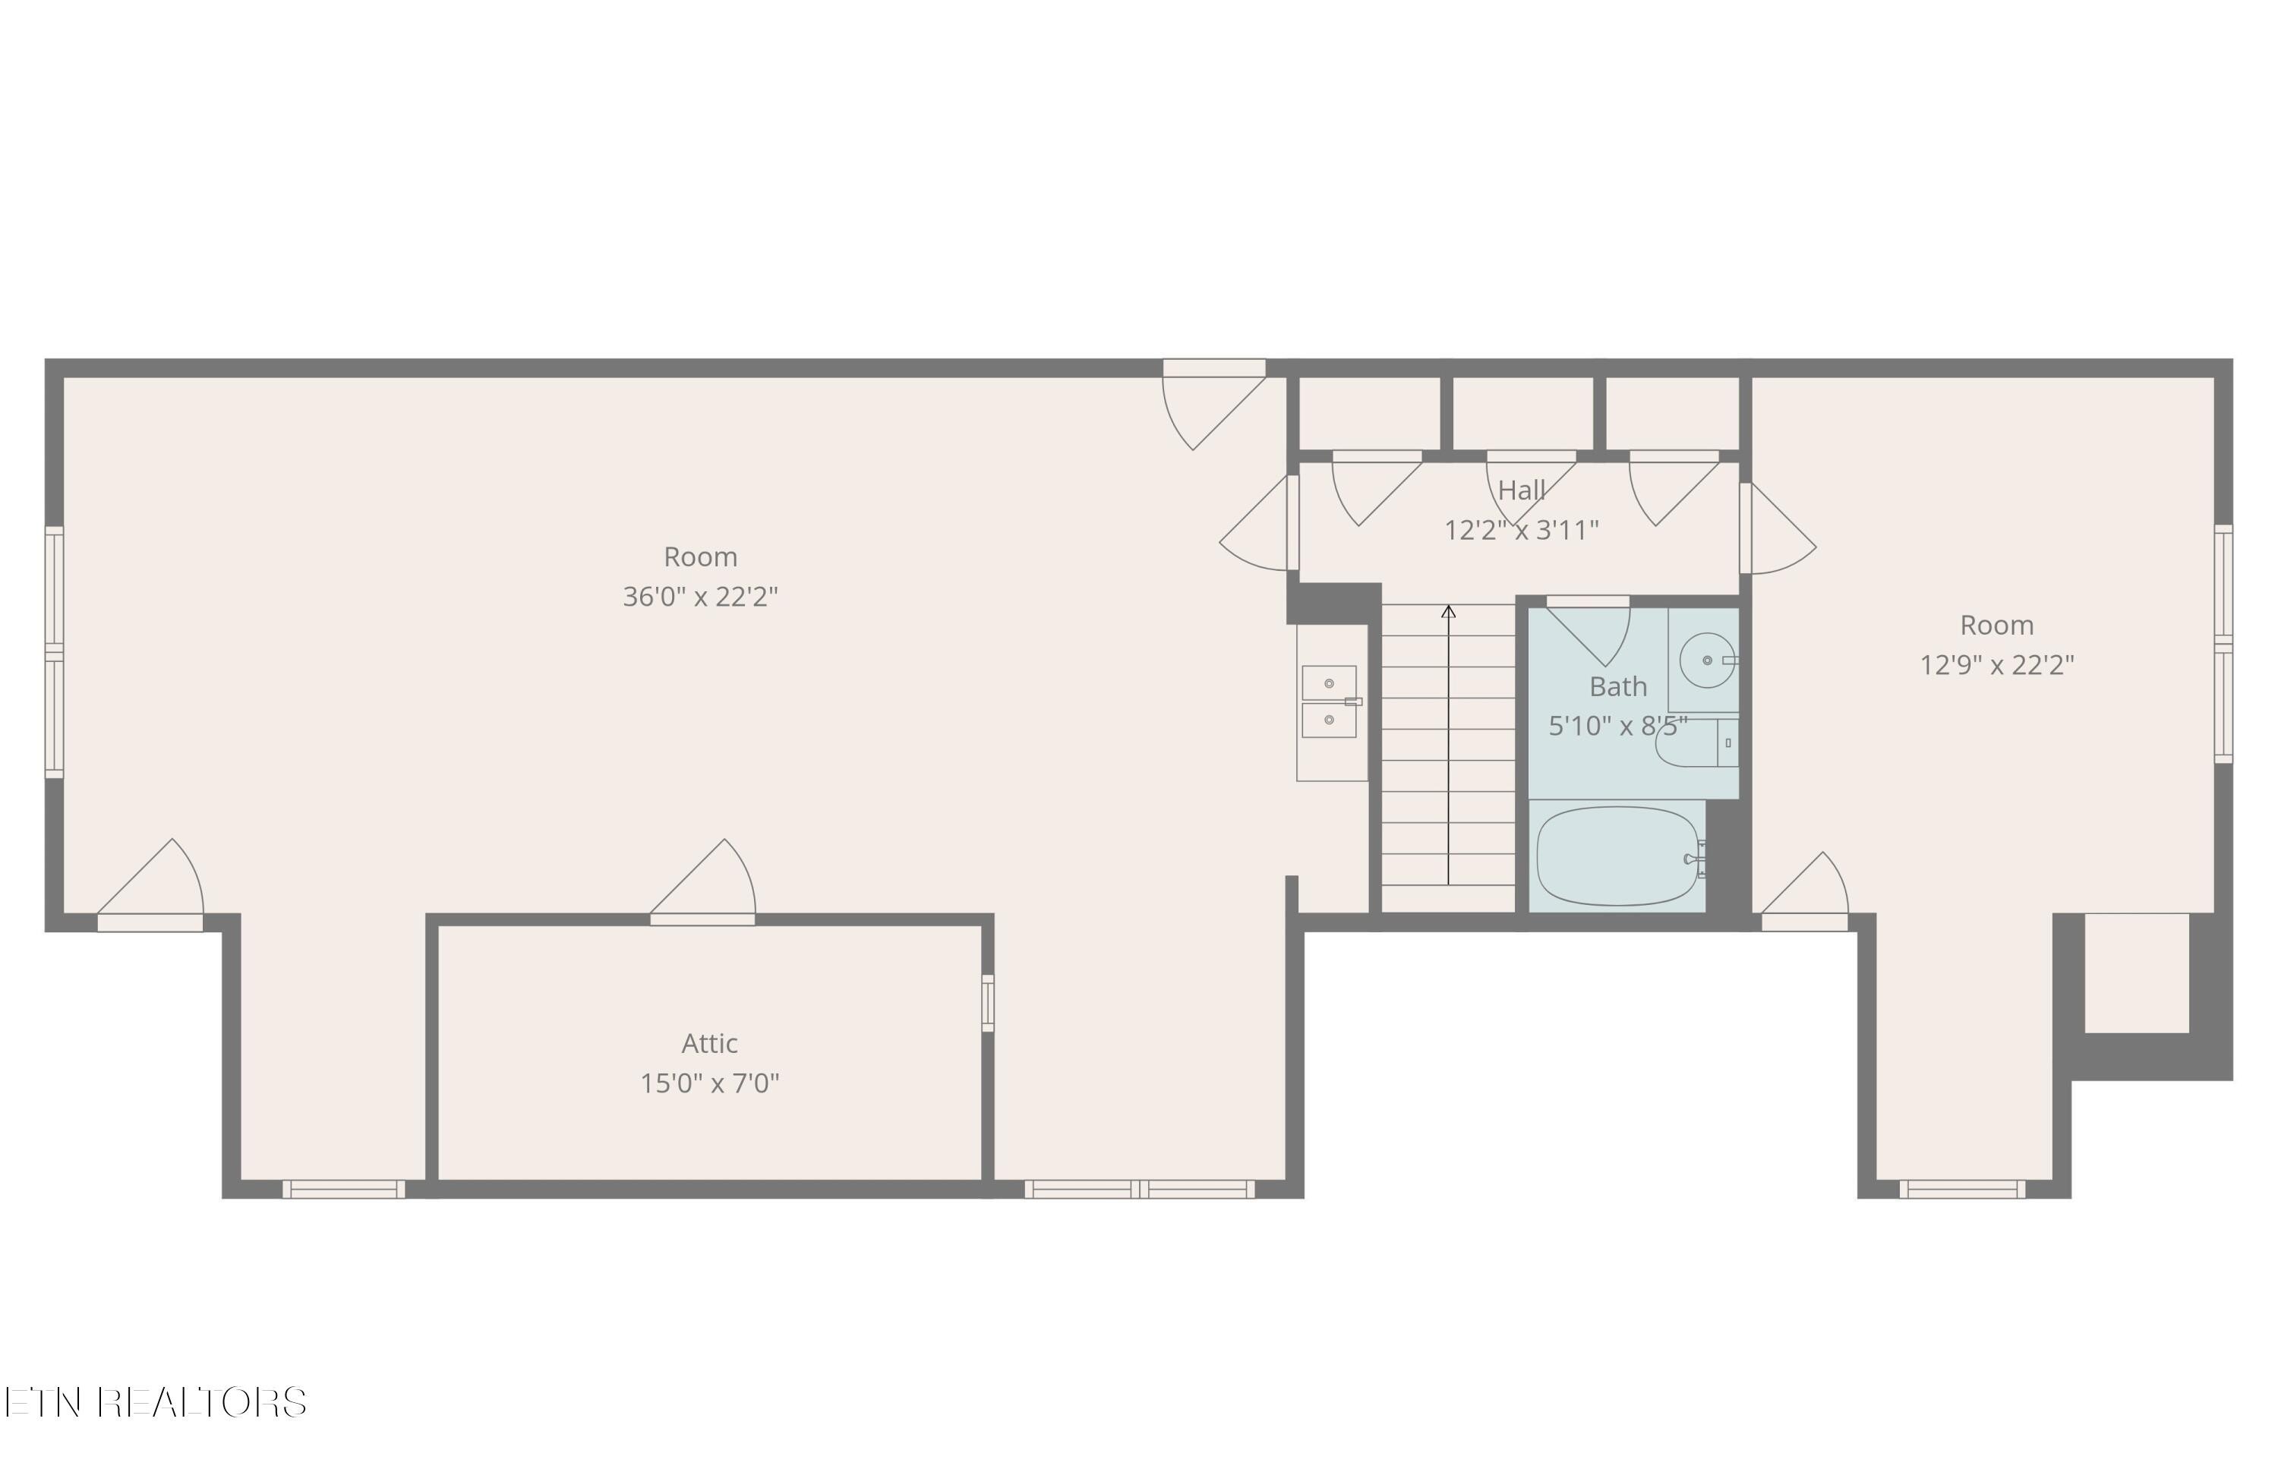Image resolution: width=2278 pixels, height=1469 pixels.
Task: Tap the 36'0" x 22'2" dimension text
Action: tap(700, 597)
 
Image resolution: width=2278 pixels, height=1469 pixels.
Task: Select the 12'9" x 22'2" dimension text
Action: tap(1996, 665)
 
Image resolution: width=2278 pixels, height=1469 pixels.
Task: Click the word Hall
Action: tap(1521, 490)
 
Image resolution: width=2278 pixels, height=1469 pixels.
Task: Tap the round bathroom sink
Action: tap(1705, 660)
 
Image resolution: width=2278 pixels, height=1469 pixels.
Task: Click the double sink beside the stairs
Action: tap(1329, 702)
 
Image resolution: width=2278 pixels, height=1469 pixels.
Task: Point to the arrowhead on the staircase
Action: tap(1448, 611)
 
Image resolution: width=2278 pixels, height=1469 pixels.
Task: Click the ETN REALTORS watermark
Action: tap(156, 1402)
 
